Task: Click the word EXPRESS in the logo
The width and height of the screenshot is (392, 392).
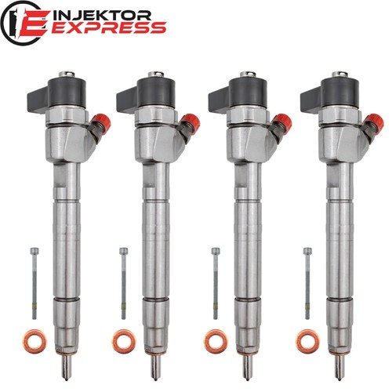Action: point(108,27)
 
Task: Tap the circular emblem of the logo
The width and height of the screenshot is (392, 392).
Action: point(22,24)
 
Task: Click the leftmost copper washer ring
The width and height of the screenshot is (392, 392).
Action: point(34,342)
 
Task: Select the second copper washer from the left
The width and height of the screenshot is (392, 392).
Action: point(124,342)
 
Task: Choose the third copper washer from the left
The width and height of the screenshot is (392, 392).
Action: point(216,342)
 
